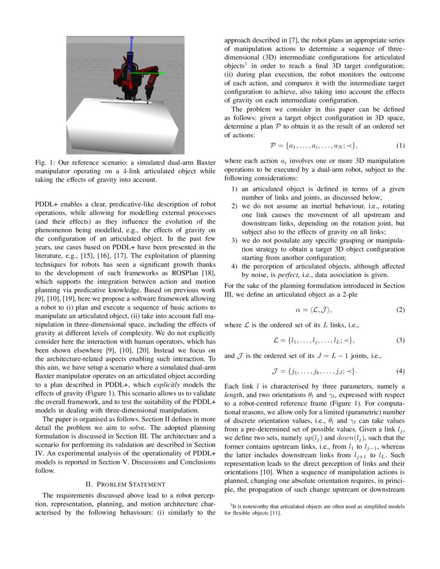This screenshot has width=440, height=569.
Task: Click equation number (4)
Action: point(400,371)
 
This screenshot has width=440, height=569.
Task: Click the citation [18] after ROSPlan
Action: point(208,273)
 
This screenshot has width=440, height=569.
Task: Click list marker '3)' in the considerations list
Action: point(233,241)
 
